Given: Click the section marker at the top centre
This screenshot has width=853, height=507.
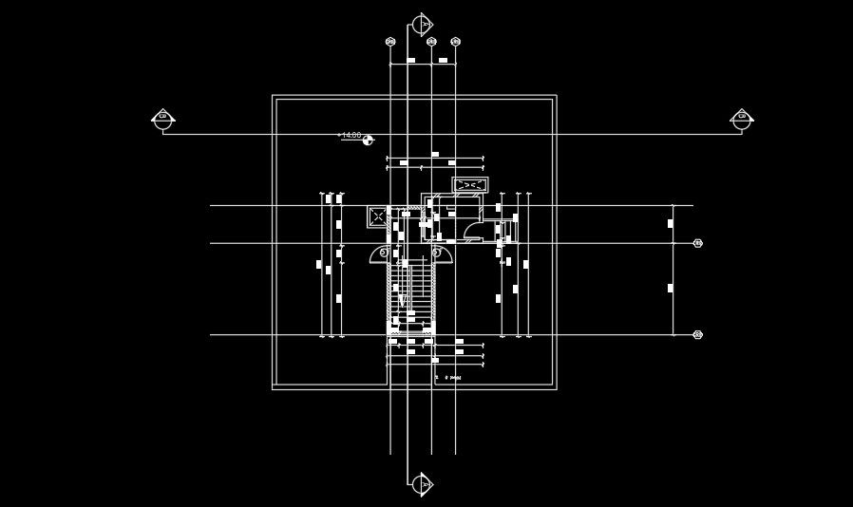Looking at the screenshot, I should point(422,24).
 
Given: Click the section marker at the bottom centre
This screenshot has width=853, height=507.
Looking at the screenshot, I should point(422,484).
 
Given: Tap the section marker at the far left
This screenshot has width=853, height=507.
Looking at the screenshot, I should point(162,119).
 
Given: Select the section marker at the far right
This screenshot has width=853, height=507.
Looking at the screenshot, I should point(742,119).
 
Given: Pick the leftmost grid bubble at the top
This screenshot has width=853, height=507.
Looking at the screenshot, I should point(390,42).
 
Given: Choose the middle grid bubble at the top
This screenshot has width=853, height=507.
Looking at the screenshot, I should point(431,42).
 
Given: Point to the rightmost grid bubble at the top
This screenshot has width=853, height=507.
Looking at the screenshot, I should point(455,42).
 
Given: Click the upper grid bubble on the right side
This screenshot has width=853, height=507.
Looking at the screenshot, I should point(698,244).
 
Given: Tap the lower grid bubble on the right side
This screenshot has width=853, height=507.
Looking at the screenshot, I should point(698,334).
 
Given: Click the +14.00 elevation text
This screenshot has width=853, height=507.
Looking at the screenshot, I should point(350,136).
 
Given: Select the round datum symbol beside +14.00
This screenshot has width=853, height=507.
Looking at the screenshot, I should point(368,140).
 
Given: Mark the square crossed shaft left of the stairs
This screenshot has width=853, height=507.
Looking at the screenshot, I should point(377,216).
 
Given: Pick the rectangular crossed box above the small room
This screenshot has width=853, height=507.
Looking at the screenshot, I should point(470,184).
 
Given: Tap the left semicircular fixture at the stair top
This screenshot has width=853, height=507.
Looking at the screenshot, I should point(385,253).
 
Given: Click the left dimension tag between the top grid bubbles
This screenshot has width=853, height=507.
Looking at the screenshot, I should point(411,60).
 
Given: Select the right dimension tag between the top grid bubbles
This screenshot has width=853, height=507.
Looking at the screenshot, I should point(443,60).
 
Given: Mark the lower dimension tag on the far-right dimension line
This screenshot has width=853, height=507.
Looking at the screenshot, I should point(671,288).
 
